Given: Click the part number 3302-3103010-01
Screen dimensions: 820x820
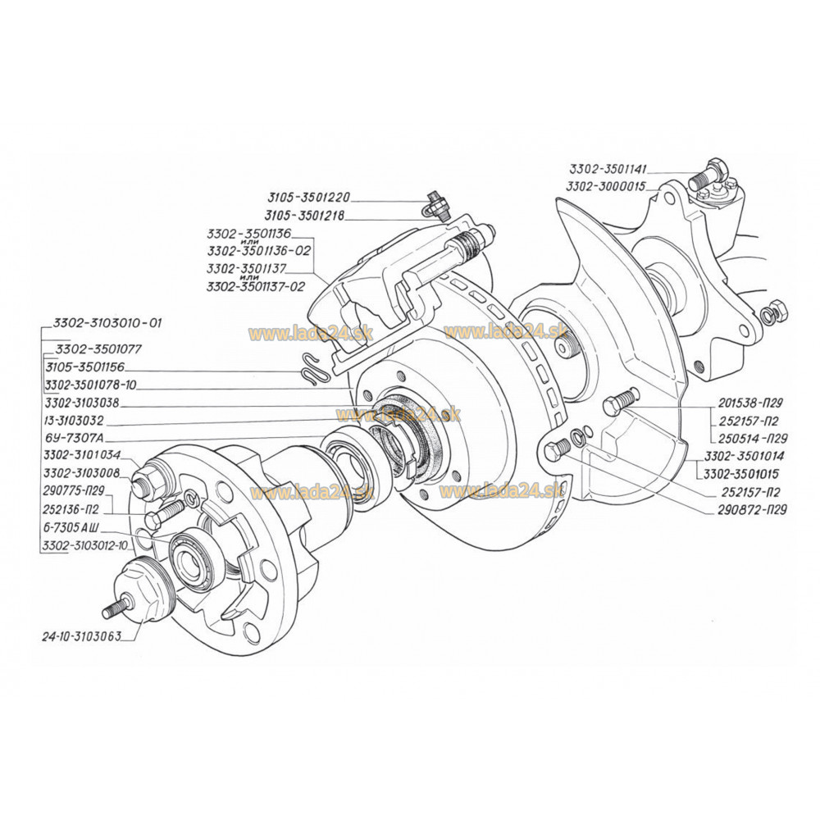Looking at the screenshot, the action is click(x=107, y=322).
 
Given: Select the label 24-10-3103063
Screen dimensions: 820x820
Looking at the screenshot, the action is click(x=81, y=636).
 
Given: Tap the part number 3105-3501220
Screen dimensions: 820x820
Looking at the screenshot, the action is click(x=308, y=197).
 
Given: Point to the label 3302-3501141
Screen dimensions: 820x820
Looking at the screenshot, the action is click(x=608, y=169).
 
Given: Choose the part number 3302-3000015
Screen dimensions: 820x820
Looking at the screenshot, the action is click(x=606, y=187).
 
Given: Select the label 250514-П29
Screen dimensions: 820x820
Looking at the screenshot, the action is click(x=749, y=438).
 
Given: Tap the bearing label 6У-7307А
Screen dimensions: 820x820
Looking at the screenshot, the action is click(x=73, y=437).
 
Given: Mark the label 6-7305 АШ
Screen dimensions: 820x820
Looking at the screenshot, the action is click(x=71, y=526).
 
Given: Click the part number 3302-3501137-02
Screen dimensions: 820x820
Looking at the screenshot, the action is click(x=256, y=286).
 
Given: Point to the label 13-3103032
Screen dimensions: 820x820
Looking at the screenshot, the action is click(x=75, y=420).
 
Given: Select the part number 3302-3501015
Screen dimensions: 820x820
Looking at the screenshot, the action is click(x=740, y=474).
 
